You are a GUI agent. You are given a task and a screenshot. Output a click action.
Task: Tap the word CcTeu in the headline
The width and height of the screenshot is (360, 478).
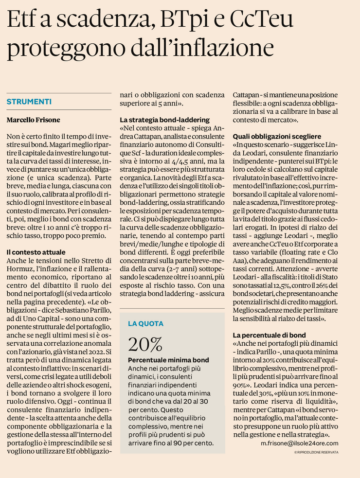(261, 20)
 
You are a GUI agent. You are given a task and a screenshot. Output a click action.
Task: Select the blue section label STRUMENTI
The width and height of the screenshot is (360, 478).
(29, 102)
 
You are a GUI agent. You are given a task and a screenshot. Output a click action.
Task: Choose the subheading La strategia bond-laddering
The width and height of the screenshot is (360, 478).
(164, 120)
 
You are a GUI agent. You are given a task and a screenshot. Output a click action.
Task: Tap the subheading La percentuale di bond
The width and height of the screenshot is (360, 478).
(269, 335)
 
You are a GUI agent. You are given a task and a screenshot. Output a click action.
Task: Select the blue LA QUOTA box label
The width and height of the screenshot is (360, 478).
(145, 323)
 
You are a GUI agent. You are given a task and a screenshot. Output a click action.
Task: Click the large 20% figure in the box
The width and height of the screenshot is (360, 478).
(145, 344)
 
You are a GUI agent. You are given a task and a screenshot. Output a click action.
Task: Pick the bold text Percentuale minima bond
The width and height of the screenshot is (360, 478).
(168, 360)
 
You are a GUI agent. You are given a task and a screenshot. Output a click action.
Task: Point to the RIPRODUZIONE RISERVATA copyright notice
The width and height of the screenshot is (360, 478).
(316, 452)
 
